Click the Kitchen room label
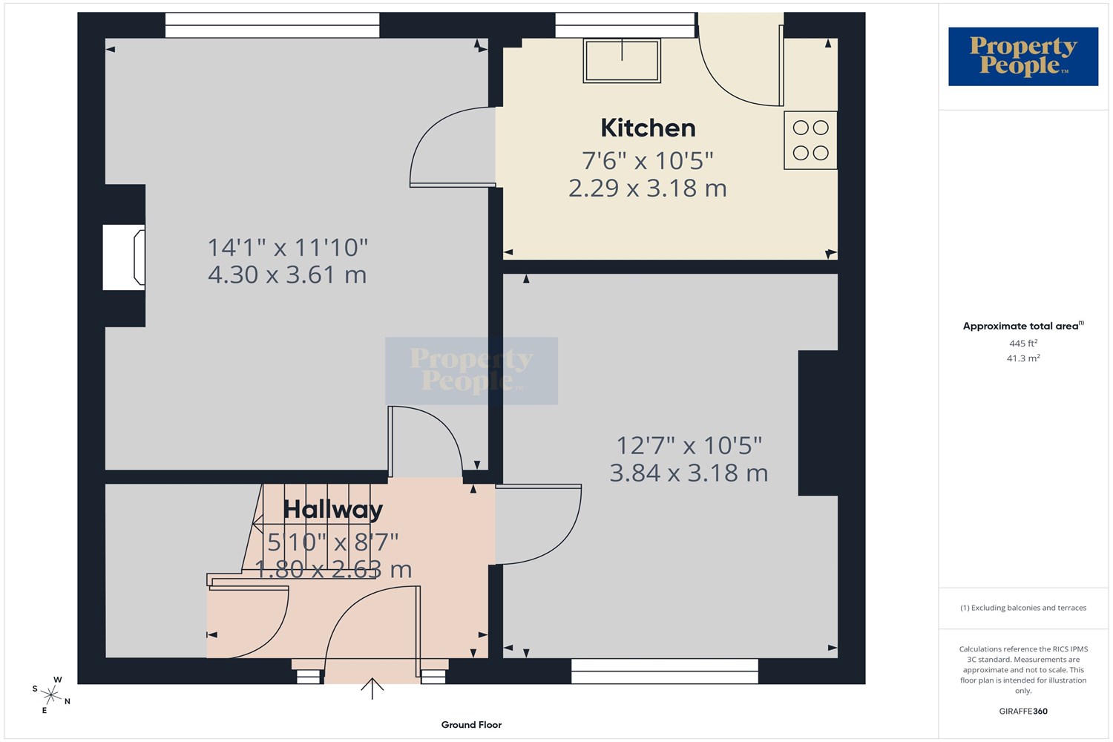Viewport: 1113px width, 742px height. (648, 128)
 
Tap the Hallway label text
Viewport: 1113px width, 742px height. (333, 510)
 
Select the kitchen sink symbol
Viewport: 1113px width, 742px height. (622, 61)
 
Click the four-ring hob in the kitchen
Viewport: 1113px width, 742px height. (810, 140)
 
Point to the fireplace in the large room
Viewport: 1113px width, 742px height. (124, 257)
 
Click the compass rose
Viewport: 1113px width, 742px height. (51, 695)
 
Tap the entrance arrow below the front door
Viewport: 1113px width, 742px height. (372, 689)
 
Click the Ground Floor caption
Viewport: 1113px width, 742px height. (471, 725)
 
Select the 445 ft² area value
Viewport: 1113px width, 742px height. (1023, 343)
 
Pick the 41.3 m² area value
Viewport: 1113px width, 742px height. (1023, 358)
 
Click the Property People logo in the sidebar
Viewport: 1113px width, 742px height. (1023, 56)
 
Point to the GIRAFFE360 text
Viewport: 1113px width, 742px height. (1023, 711)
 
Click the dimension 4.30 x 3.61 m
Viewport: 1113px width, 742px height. (287, 275)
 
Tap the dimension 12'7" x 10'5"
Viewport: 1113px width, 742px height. (689, 445)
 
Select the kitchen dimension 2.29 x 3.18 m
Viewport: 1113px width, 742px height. (648, 188)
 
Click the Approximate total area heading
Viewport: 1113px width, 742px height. (1023, 326)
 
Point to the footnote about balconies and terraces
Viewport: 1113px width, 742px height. (1023, 608)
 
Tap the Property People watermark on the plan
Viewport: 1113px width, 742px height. (471, 371)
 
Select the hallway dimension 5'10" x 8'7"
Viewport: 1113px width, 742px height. (333, 542)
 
